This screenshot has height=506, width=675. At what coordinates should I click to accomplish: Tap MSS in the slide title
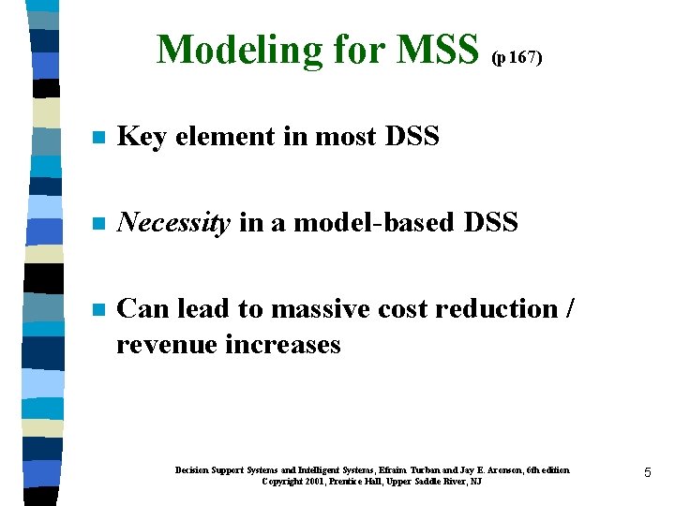click(x=438, y=50)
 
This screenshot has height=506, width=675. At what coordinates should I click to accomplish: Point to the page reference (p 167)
click(x=517, y=57)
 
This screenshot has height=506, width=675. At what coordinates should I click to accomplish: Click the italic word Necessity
click(x=173, y=224)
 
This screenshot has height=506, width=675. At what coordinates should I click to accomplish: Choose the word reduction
click(x=506, y=309)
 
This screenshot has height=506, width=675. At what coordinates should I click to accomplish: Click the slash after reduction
click(x=572, y=309)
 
